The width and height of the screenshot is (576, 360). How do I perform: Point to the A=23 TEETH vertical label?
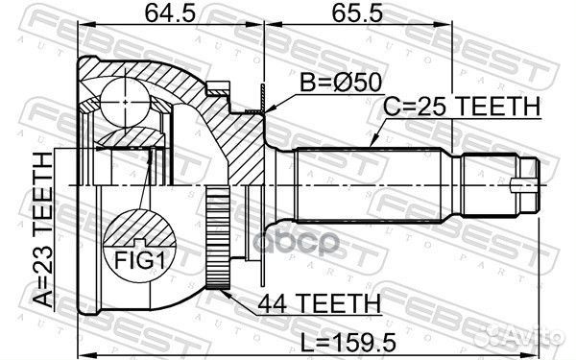pyautogui.click(x=42, y=229)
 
